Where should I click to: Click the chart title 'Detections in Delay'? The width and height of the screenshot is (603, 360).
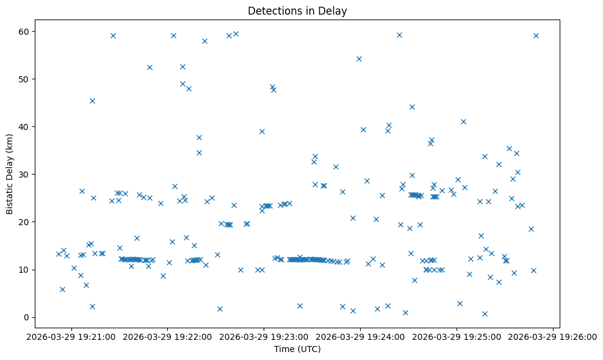[297, 10]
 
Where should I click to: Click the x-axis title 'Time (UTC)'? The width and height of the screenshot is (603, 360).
[297, 349]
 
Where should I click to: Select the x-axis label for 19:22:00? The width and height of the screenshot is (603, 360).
[168, 336]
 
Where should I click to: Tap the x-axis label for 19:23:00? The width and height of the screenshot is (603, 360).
[264, 336]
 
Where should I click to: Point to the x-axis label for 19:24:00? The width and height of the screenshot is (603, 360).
[360, 336]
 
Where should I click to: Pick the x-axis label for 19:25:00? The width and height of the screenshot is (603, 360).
[457, 336]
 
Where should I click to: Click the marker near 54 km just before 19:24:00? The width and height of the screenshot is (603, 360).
[359, 59]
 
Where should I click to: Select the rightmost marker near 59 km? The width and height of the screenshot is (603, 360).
[536, 35]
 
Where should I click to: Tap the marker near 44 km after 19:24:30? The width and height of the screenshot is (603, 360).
[412, 107]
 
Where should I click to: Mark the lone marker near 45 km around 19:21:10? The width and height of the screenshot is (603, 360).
[92, 101]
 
